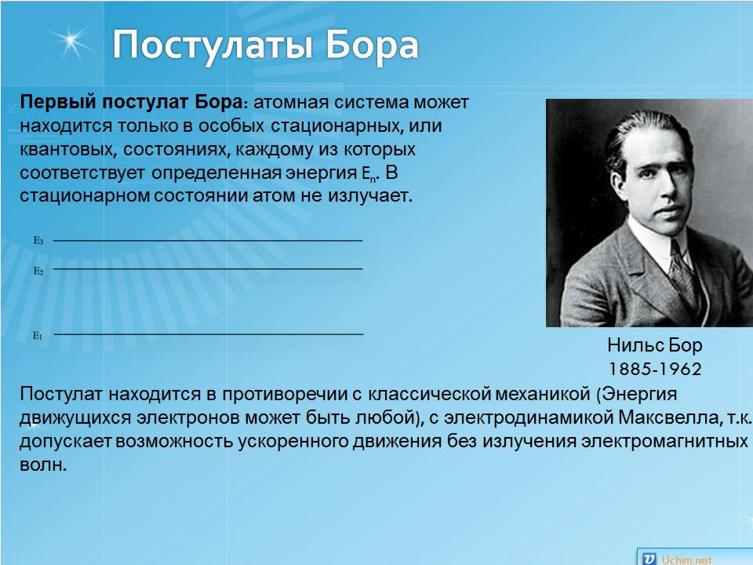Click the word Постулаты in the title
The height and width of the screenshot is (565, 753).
(x=214, y=46)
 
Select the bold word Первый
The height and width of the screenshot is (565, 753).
(x=57, y=103)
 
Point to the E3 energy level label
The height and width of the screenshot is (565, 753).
(x=38, y=240)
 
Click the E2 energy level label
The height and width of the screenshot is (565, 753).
(x=38, y=271)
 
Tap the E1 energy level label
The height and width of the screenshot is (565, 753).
(x=38, y=335)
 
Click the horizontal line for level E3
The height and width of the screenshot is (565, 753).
(x=207, y=240)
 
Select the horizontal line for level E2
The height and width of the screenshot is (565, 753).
(x=207, y=268)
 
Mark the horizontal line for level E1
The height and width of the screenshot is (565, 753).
(x=209, y=334)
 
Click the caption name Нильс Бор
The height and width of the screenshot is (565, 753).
(x=654, y=345)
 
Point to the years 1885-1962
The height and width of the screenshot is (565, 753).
(x=655, y=369)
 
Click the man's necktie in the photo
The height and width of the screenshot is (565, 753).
(x=684, y=272)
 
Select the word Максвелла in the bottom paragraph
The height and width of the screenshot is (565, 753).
(x=668, y=417)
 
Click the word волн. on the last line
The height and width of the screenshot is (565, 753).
(x=43, y=465)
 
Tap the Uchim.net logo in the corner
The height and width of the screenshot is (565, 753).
(x=677, y=559)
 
